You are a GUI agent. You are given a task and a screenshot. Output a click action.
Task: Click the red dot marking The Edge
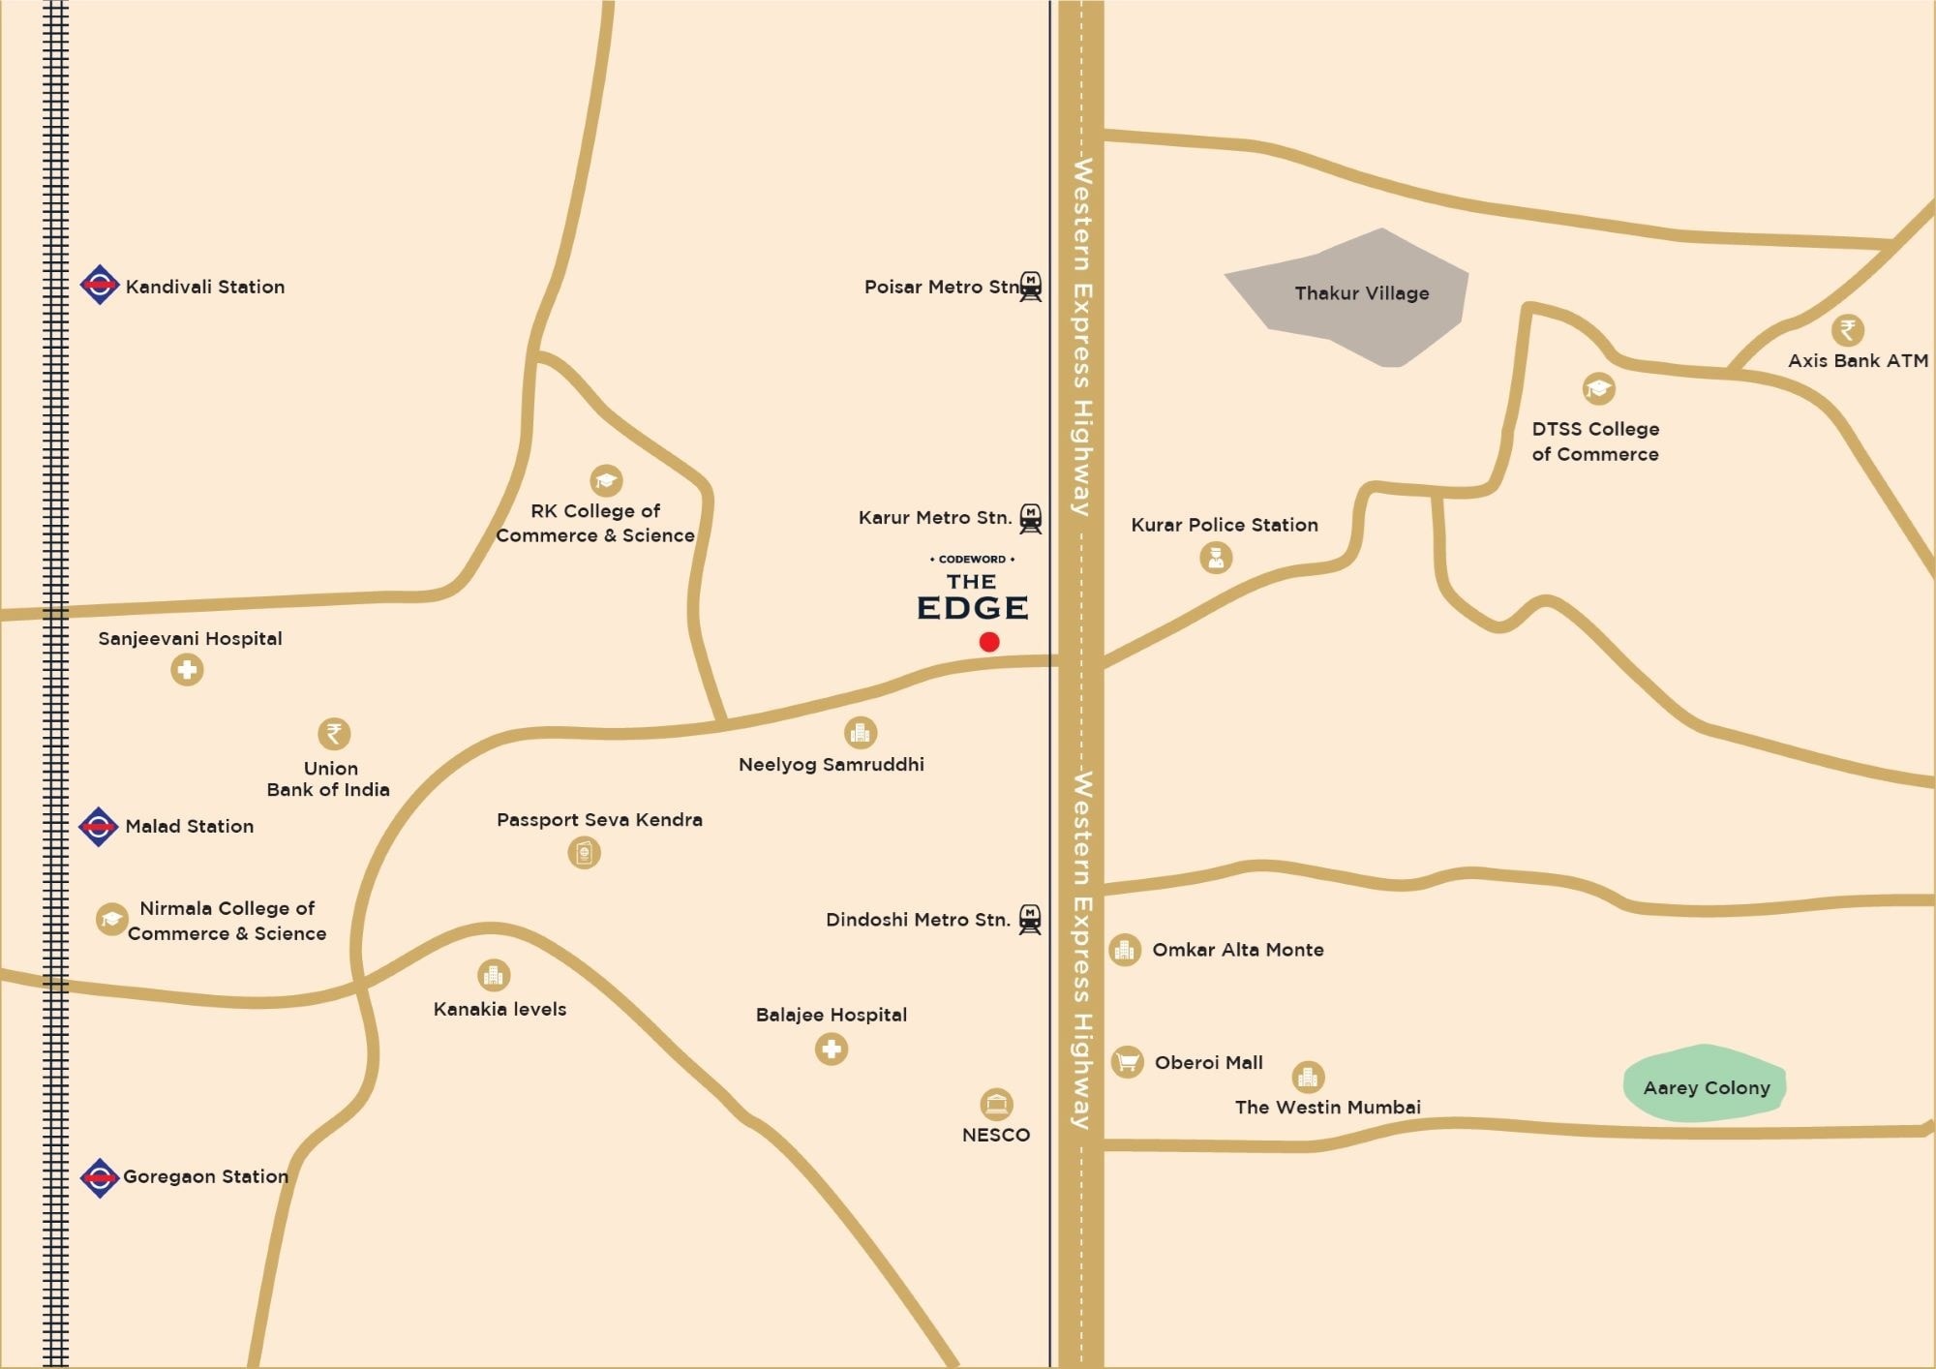[988, 641]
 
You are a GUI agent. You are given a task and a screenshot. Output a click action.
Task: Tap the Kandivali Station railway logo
[99, 285]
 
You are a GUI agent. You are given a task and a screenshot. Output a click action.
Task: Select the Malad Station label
[190, 826]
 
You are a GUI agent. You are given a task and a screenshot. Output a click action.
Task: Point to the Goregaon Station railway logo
[99, 1177]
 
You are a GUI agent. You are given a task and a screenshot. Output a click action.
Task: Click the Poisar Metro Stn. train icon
[1031, 287]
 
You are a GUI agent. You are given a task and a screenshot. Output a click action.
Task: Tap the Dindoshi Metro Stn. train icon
[1030, 919]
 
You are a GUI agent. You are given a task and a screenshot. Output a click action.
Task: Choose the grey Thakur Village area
[1355, 295]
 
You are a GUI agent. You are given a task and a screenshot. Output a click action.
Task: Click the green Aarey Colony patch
[1705, 1084]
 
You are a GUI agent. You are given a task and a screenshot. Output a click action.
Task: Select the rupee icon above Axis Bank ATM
[1847, 330]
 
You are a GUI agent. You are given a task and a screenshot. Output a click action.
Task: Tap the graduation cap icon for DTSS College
[1598, 389]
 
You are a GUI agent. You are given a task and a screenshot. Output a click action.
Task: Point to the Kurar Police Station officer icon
[1216, 557]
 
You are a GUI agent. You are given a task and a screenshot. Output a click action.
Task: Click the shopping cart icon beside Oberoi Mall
[1127, 1062]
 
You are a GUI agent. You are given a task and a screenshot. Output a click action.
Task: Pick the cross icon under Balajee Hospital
[831, 1049]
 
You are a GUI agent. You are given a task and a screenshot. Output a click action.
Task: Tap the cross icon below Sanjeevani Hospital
[187, 669]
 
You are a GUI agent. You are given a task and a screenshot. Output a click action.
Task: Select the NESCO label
[995, 1135]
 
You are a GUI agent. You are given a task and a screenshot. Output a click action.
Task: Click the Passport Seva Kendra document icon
[584, 853]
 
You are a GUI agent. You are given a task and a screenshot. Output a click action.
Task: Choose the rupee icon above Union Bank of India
[334, 733]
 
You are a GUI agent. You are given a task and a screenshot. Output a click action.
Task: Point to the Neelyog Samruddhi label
[831, 765]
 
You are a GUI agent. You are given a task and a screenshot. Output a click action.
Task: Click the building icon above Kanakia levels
[494, 975]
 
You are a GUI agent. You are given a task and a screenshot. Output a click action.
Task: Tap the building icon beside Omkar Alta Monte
[1124, 950]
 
